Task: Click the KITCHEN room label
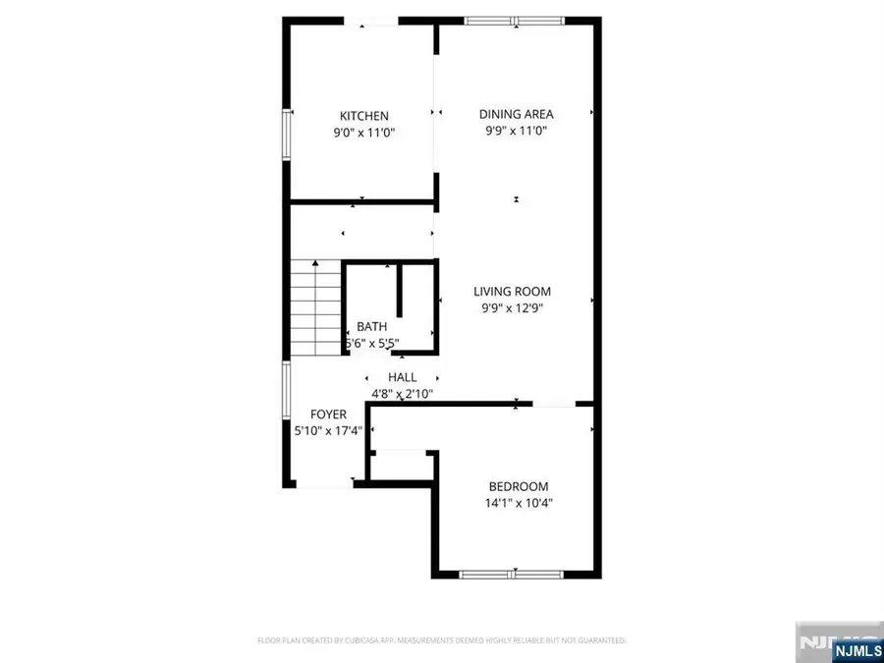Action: click(x=364, y=116)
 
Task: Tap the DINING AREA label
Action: click(x=516, y=114)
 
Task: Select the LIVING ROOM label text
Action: click(x=512, y=291)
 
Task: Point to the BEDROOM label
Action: click(x=519, y=486)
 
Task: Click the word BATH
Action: click(x=371, y=327)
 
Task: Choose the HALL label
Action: click(x=402, y=377)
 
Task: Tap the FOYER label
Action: click(x=329, y=414)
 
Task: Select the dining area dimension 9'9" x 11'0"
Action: click(x=516, y=130)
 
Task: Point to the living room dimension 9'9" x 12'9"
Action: click(x=512, y=306)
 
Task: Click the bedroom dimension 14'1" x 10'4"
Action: click(x=519, y=502)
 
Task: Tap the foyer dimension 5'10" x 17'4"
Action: click(x=329, y=430)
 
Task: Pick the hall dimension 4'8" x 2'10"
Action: click(x=402, y=393)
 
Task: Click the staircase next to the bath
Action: click(x=315, y=310)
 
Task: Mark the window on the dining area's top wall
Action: click(x=516, y=20)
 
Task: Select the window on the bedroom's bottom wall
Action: click(x=514, y=574)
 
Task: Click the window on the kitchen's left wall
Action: click(x=287, y=134)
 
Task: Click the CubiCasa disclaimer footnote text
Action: click(x=441, y=640)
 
